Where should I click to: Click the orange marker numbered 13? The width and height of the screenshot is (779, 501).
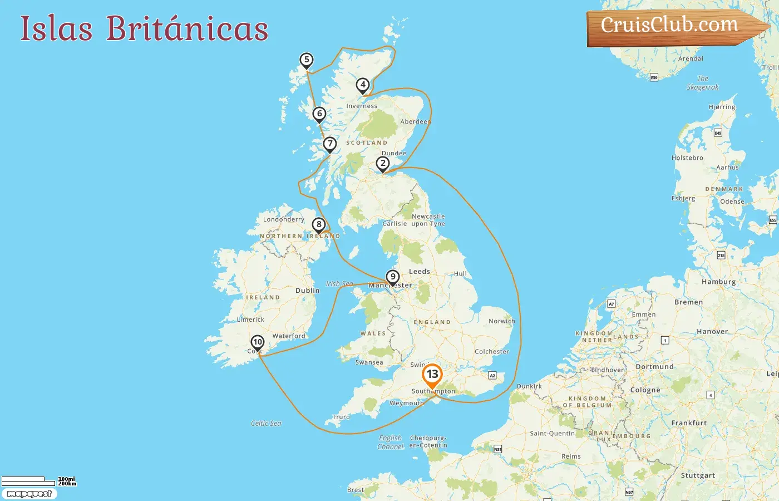pyautogui.click(x=432, y=375)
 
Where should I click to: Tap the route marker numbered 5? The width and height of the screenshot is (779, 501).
pyautogui.click(x=306, y=60)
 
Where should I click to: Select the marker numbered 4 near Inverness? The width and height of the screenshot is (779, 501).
pyautogui.click(x=363, y=85)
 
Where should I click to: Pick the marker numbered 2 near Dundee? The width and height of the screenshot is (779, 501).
pyautogui.click(x=382, y=164)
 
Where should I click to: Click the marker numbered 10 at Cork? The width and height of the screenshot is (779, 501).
pyautogui.click(x=257, y=342)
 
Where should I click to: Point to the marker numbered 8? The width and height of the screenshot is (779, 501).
pyautogui.click(x=318, y=225)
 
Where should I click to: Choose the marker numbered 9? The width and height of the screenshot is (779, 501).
pyautogui.click(x=393, y=277)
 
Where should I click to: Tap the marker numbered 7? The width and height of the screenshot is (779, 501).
pyautogui.click(x=330, y=144)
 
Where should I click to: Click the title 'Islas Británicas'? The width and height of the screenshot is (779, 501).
pyautogui.click(x=144, y=28)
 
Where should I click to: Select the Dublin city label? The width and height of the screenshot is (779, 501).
pyautogui.click(x=307, y=291)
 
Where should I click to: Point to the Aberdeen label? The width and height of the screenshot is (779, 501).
pyautogui.click(x=415, y=121)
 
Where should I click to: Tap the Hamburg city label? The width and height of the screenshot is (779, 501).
pyautogui.click(x=718, y=282)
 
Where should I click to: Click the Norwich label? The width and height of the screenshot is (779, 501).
pyautogui.click(x=501, y=321)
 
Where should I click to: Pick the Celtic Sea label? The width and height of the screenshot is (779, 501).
pyautogui.click(x=266, y=424)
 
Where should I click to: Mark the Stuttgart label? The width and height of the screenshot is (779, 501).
pyautogui.click(x=698, y=475)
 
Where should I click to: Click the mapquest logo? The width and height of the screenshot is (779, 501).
pyautogui.click(x=29, y=494)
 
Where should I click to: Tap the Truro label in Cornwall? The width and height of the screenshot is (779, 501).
pyautogui.click(x=341, y=417)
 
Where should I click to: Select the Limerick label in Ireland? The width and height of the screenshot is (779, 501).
pyautogui.click(x=250, y=320)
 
